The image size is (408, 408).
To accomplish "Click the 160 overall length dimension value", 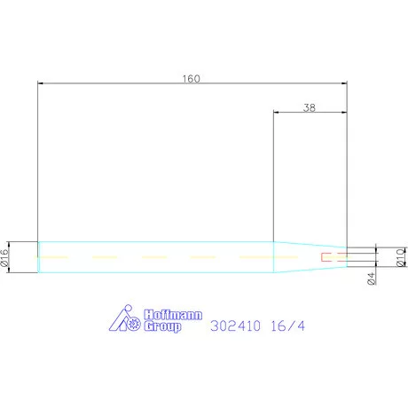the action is click(x=191, y=79).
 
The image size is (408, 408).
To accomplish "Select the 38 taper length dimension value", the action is click(x=310, y=107).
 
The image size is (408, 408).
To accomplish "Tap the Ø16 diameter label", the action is click(x=4, y=258).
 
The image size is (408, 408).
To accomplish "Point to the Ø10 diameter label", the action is click(x=402, y=257).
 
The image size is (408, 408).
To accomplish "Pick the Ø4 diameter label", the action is click(x=372, y=279).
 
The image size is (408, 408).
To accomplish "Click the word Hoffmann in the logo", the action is click(x=173, y=315).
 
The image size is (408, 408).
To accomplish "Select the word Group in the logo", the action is click(x=162, y=326).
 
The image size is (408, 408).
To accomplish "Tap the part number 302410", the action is click(x=236, y=326).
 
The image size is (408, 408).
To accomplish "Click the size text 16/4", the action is click(x=287, y=326).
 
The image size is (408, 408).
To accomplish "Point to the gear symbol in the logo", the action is click(x=134, y=323).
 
